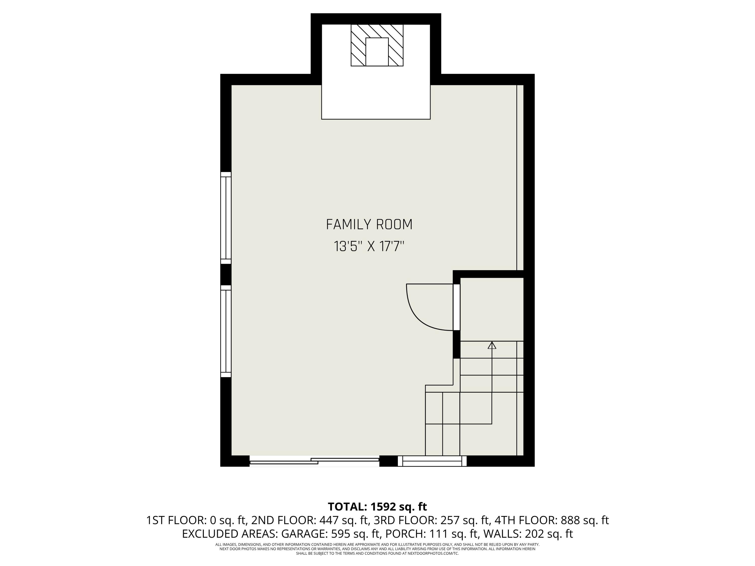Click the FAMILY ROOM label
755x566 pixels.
[369, 224]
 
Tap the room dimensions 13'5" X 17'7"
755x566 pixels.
[369, 246]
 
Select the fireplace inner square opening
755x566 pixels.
[377, 52]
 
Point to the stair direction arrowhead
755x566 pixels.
[492, 345]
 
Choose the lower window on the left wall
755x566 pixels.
[226, 331]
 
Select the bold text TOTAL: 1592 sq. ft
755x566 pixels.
[377, 507]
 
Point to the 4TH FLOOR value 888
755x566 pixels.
[570, 520]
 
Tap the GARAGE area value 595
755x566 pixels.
[341, 534]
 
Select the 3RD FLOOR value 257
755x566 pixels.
[450, 520]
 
